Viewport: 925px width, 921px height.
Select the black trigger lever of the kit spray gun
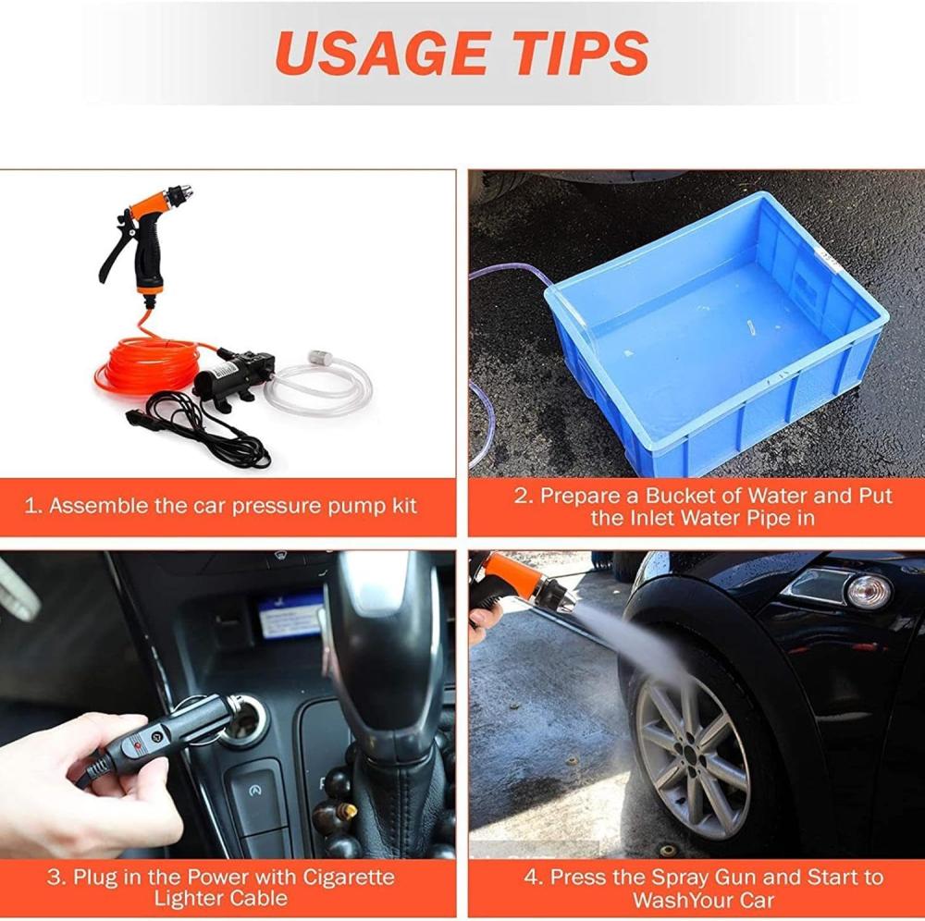click(x=113, y=261)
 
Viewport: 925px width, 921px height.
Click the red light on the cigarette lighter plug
click(x=138, y=746)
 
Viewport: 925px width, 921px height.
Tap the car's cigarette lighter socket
click(x=243, y=720)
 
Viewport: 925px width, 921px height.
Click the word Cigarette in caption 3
click(x=349, y=877)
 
